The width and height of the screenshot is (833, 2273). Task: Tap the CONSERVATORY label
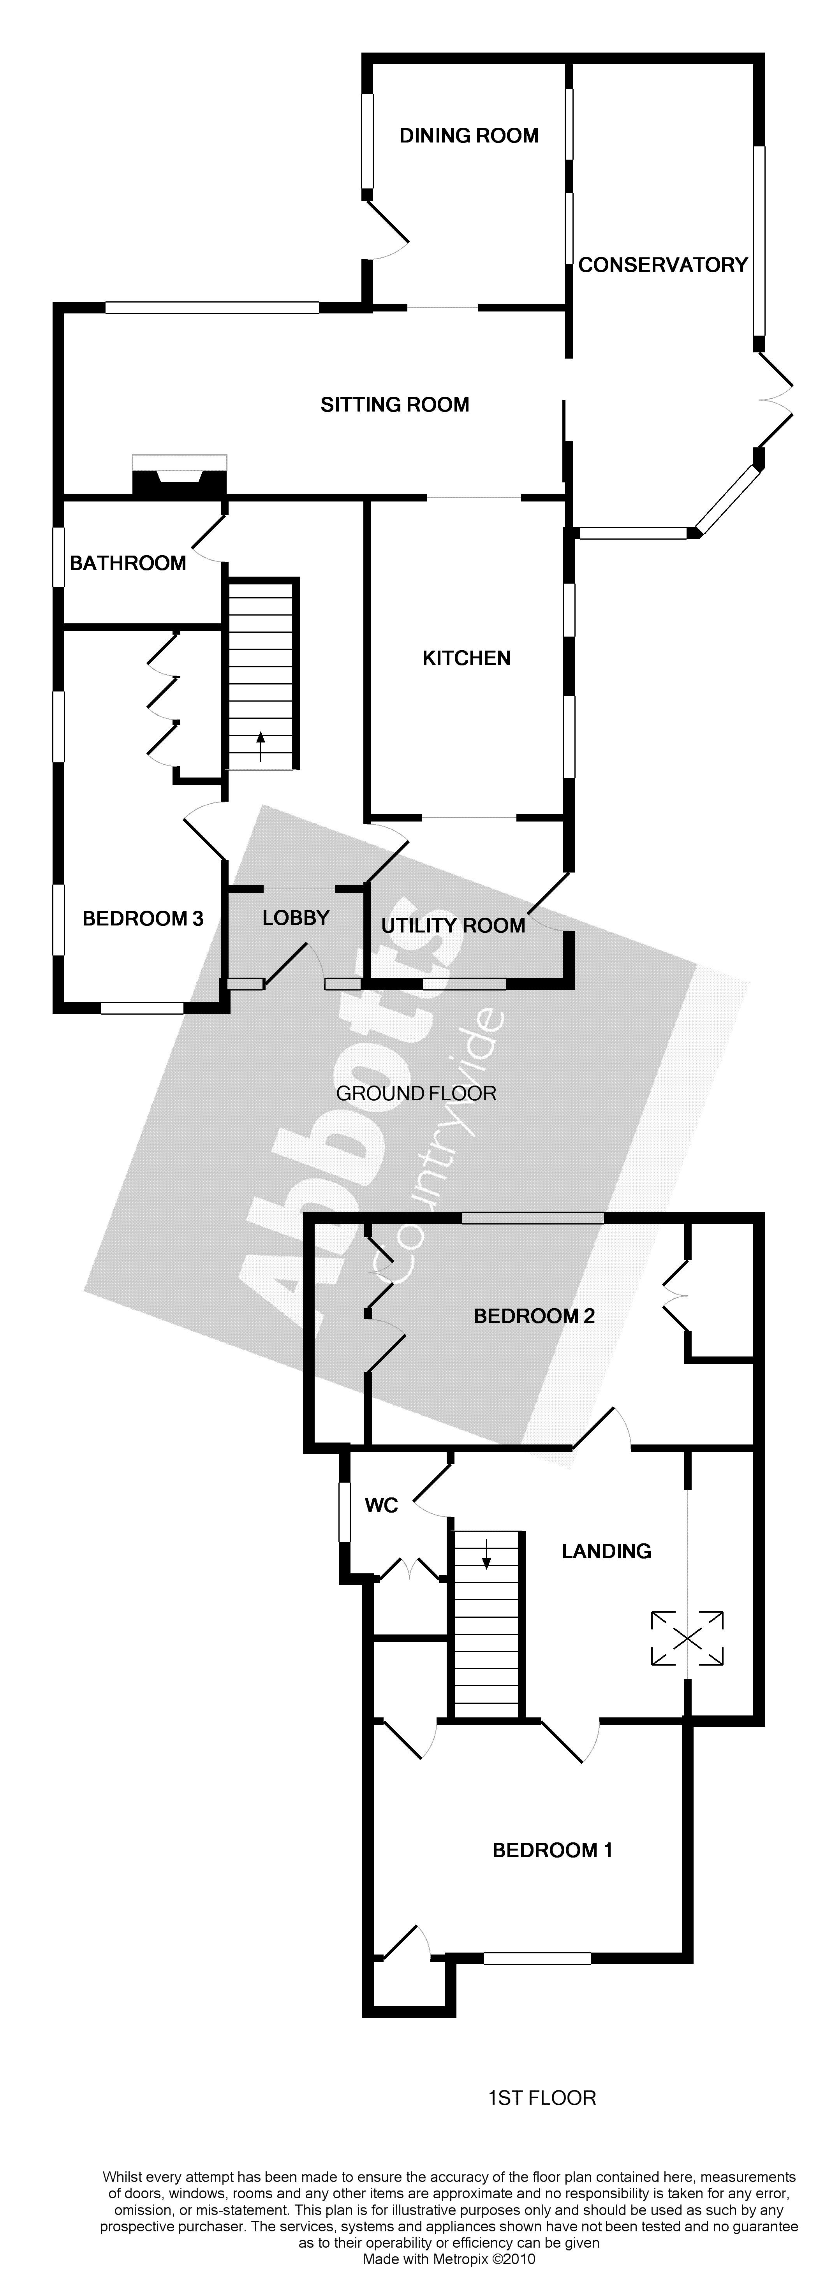tap(663, 265)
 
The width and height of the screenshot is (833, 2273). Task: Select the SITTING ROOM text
tap(394, 405)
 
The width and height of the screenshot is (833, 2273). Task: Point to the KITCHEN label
tap(466, 658)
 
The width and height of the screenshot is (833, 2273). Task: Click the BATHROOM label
tap(128, 563)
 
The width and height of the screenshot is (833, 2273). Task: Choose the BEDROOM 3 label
tap(143, 918)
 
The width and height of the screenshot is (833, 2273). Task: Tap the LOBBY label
tap(296, 918)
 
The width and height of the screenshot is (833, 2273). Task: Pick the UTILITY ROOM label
tap(453, 925)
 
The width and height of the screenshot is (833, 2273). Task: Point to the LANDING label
tap(606, 1550)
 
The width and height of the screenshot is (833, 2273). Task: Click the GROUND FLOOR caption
tap(417, 1093)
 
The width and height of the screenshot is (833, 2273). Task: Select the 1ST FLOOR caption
tap(542, 2097)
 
